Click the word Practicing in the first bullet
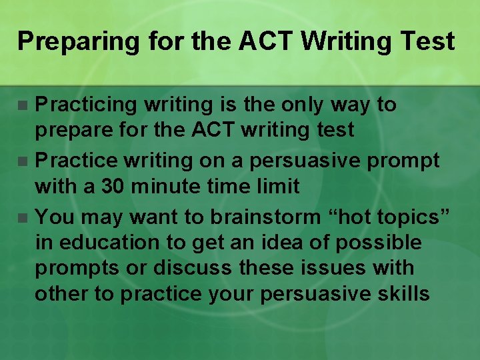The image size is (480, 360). (x=81, y=105)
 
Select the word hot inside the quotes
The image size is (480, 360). (x=347, y=216)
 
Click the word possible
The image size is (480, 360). (x=379, y=242)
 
